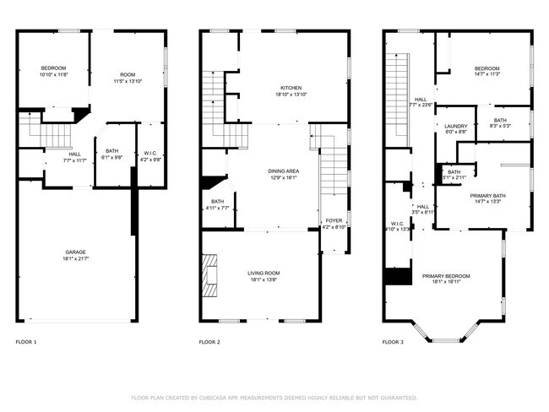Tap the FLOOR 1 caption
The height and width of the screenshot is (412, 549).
click(26, 343)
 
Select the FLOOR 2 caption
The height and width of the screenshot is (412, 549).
click(209, 343)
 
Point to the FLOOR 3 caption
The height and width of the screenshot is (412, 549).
click(393, 343)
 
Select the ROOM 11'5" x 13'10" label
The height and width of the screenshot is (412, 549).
click(128, 79)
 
